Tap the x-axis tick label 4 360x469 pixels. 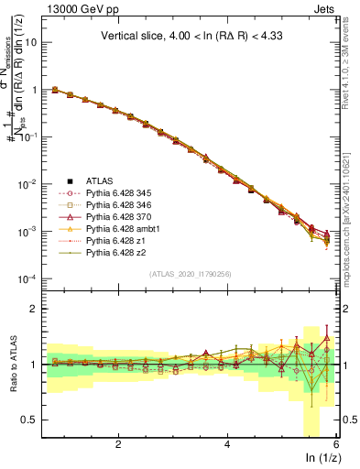(x=227, y=444)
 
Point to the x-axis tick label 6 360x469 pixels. (x=335, y=444)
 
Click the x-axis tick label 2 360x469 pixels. (x=118, y=444)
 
